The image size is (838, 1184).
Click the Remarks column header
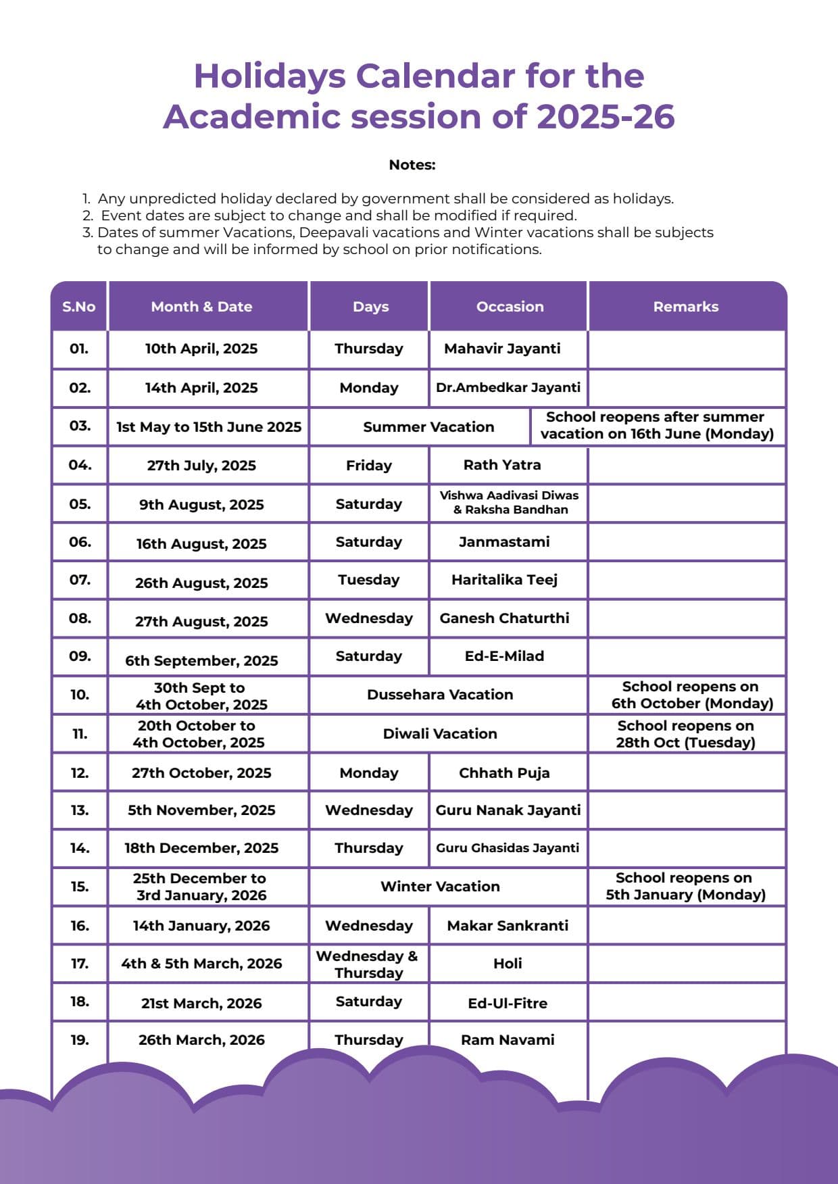[685, 307]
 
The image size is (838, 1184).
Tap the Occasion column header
[510, 307]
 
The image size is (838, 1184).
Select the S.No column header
[79, 307]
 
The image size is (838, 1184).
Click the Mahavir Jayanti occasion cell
[502, 349]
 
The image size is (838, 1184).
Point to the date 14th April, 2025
[201, 388]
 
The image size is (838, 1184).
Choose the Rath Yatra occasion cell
[502, 465]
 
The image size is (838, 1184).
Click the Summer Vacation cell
[428, 427]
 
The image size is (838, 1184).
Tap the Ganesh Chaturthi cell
[504, 618]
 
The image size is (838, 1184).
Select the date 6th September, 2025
[201, 660]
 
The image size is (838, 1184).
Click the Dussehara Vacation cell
[440, 695]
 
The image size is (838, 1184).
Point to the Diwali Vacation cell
[440, 734]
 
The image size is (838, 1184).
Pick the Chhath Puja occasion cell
[504, 773]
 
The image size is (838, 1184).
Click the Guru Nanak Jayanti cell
[508, 810]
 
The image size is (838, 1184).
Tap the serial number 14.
[80, 848]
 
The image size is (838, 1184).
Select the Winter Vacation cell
[440, 887]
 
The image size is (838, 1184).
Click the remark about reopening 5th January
[685, 887]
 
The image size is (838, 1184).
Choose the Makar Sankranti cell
[508, 926]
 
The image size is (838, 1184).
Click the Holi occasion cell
[508, 964]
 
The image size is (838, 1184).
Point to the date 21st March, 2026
[201, 1004]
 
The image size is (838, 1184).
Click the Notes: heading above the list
[412, 165]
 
